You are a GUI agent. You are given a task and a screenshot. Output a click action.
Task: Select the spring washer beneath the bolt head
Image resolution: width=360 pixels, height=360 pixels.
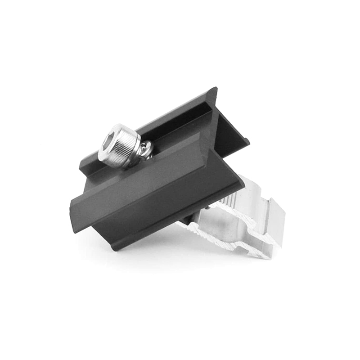pyautogui.click(x=146, y=149)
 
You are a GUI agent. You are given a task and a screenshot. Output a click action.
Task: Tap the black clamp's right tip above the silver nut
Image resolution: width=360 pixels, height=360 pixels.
pyautogui.click(x=242, y=182)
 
